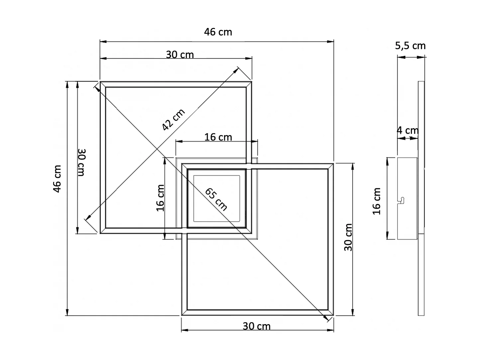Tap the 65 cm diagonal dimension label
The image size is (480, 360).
[216, 199]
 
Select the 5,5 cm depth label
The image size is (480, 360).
[410, 46]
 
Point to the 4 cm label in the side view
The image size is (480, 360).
[408, 130]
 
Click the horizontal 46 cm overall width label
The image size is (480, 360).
[218, 32]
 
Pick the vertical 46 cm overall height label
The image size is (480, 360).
[57, 179]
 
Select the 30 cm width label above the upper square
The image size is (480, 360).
[180, 54]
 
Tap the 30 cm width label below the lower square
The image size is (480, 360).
[256, 326]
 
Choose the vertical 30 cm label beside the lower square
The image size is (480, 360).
[348, 237]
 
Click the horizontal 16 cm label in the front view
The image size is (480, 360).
[218, 137]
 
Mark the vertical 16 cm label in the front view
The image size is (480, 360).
[160, 198]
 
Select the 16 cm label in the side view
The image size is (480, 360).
[377, 201]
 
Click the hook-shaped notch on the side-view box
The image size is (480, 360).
[402, 200]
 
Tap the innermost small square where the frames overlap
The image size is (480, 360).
[217, 198]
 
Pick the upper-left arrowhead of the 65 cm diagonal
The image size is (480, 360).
[96, 87]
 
